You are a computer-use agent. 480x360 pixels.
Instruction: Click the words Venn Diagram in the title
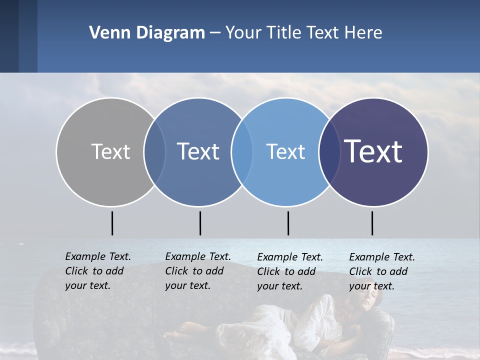click(x=147, y=33)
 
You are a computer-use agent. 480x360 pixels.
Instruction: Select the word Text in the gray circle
click(x=110, y=151)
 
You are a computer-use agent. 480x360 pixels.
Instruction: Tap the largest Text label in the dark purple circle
click(x=373, y=151)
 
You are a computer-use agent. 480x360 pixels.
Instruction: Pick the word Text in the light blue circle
click(x=285, y=151)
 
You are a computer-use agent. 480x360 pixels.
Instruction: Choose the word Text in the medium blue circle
click(x=198, y=151)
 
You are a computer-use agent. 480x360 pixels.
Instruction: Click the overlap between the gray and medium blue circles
click(x=154, y=151)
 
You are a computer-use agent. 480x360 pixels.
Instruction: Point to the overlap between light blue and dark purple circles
click(x=329, y=151)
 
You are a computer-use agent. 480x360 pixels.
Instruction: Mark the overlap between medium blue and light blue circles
click(x=242, y=151)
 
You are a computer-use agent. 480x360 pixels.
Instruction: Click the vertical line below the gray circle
click(x=112, y=223)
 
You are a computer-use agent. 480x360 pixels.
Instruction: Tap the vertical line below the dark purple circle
click(x=372, y=223)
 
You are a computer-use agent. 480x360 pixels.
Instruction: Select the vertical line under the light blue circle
click(x=288, y=223)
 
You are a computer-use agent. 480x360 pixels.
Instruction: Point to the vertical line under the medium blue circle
click(x=200, y=223)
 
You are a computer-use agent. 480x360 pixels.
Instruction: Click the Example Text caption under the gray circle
click(x=97, y=271)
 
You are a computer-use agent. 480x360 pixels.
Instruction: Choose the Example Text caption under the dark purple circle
click(x=381, y=271)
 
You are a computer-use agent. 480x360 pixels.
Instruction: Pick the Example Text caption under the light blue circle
click(x=289, y=271)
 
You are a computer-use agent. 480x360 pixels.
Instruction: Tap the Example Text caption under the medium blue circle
click(x=197, y=271)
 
